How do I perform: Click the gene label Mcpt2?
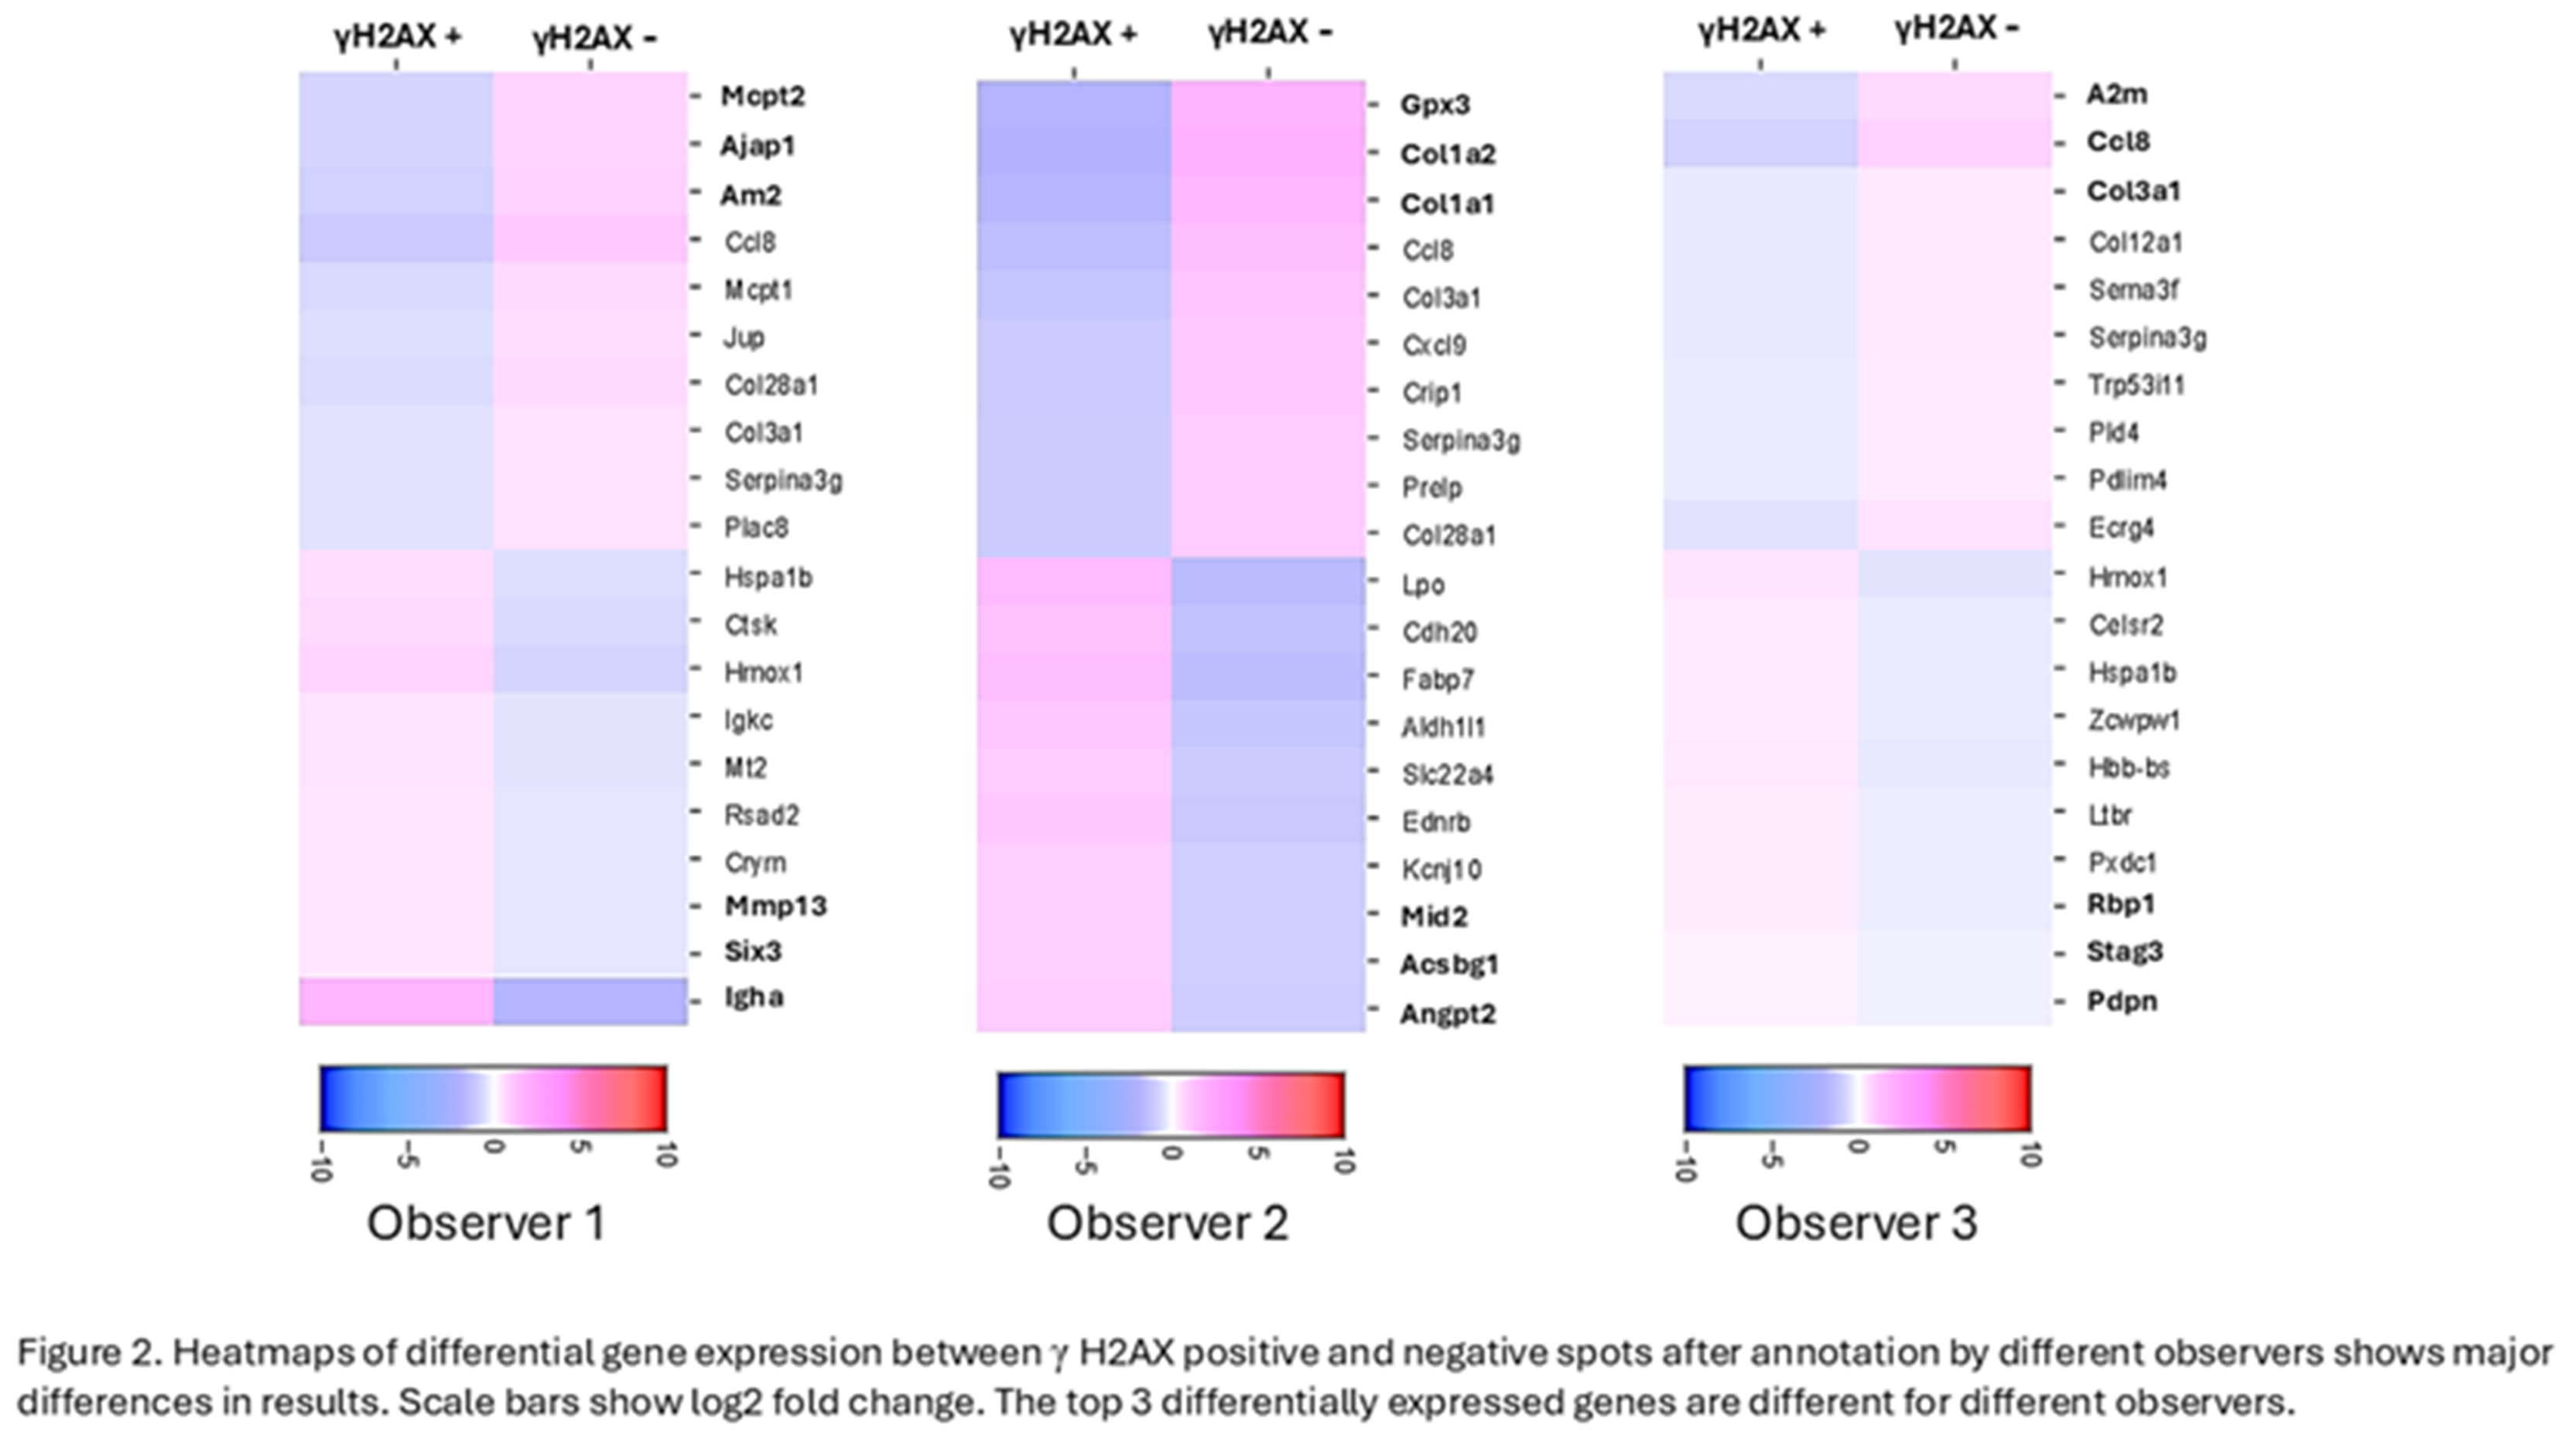(762, 96)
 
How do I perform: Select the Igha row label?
(754, 997)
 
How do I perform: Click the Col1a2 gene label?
(1447, 154)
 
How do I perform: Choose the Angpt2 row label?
(1447, 1014)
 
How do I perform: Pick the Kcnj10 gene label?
(1441, 869)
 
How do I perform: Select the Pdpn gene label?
(2122, 1000)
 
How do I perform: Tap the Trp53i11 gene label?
(2136, 385)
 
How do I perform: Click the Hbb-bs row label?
(2129, 767)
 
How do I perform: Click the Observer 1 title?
(486, 1222)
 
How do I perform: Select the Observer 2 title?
(1166, 1222)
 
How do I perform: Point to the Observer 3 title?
(1855, 1222)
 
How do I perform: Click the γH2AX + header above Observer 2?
(1072, 35)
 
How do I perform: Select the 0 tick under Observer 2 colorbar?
(1171, 1154)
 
